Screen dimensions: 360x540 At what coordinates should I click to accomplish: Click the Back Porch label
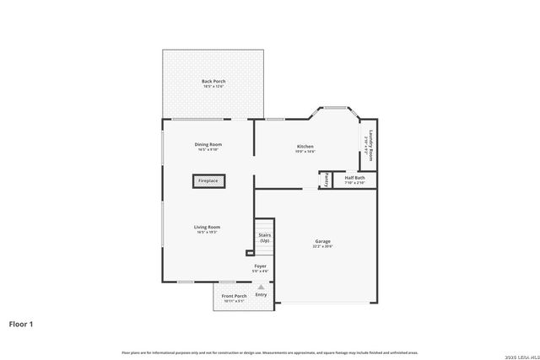(x=213, y=82)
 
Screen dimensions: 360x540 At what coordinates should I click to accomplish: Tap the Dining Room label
(x=208, y=145)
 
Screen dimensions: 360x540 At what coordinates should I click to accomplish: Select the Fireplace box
(x=208, y=181)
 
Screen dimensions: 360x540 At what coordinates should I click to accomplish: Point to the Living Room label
(x=208, y=227)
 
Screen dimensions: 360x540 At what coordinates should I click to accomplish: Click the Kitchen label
(x=305, y=147)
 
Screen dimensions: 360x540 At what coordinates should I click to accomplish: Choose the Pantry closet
(x=324, y=180)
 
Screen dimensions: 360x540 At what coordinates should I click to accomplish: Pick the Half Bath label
(x=354, y=179)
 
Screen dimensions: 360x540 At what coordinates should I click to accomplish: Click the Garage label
(x=323, y=241)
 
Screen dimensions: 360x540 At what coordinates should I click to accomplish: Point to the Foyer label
(x=261, y=266)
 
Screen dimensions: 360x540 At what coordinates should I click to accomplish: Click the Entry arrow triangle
(x=261, y=287)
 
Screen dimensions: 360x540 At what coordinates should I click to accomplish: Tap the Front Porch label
(x=234, y=296)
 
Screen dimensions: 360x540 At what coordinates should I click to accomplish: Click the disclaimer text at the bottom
(x=270, y=352)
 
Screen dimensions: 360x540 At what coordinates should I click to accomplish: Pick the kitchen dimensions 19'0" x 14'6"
(x=305, y=152)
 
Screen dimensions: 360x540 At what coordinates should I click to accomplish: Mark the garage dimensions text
(x=323, y=246)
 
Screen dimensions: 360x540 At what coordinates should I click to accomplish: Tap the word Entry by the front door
(x=261, y=294)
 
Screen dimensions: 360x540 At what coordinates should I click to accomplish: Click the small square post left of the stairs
(x=250, y=252)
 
